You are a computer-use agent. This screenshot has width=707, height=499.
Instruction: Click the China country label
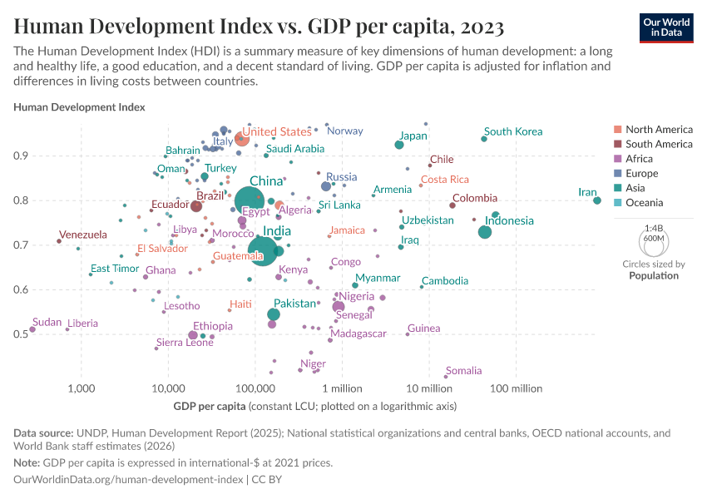point(266,181)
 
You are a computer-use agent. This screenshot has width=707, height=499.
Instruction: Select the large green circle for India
point(263,249)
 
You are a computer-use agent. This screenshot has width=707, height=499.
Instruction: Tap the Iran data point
point(597,200)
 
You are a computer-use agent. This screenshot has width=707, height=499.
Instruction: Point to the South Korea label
point(513,131)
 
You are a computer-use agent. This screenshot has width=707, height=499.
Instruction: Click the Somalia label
point(463,371)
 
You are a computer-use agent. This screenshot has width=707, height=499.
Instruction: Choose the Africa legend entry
point(640,159)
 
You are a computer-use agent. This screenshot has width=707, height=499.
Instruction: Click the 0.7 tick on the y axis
point(43,245)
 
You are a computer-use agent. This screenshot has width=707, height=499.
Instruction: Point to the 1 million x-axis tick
point(339,388)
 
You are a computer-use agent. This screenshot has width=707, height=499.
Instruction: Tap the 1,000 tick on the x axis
point(81,388)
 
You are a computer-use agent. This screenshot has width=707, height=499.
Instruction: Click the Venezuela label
point(83,235)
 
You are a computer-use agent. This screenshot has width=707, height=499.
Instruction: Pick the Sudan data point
point(32,329)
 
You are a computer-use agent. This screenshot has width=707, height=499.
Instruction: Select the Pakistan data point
point(274,314)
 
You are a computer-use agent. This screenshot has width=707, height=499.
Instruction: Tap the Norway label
point(345,131)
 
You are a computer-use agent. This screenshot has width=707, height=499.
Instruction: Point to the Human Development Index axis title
point(80,107)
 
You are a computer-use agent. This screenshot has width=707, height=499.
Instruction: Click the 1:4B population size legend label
point(654,227)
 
